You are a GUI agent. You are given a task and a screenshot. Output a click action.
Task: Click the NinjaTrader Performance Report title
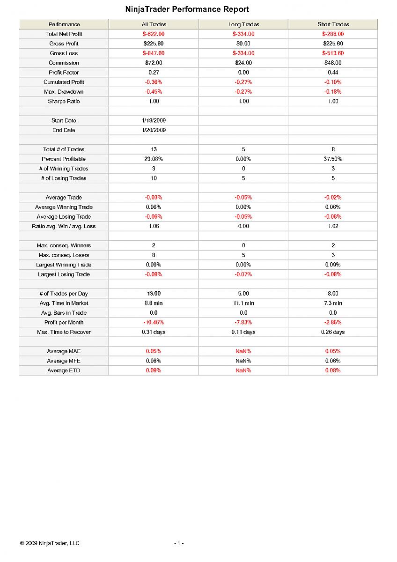coord(187,9)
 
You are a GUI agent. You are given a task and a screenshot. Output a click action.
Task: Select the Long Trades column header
coord(243,24)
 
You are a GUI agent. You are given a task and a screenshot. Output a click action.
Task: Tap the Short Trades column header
coord(333,24)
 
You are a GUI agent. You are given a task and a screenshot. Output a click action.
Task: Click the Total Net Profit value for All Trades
coord(154,34)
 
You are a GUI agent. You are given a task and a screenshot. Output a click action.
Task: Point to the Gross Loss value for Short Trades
coord(333,53)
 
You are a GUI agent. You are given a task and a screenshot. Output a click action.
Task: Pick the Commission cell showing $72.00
coord(154,63)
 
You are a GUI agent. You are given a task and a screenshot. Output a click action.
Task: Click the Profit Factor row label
coord(64,73)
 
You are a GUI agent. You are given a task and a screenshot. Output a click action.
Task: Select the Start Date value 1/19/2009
coord(154,121)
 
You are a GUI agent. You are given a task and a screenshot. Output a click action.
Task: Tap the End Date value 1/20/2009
coord(154,130)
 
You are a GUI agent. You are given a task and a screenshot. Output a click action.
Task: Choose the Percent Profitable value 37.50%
coord(333,159)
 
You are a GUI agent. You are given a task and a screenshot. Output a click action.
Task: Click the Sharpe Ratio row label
coord(64,101)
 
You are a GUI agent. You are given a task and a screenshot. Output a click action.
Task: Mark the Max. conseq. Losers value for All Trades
coord(154,255)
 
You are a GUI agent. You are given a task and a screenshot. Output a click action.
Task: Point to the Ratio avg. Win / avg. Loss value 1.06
coord(154,226)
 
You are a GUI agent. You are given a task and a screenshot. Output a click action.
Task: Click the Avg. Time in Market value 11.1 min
coord(243,303)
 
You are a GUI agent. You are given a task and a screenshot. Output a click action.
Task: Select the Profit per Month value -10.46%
coord(154,323)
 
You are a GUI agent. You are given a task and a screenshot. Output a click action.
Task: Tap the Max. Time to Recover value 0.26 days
coord(333,332)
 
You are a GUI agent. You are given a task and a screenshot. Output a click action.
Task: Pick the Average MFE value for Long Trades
coord(243,361)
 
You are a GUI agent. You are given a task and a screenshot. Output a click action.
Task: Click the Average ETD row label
coord(64,370)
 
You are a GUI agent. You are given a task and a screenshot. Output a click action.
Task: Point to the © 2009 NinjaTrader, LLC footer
coord(50,543)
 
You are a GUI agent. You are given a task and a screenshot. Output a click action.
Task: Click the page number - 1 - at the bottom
coord(179,543)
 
